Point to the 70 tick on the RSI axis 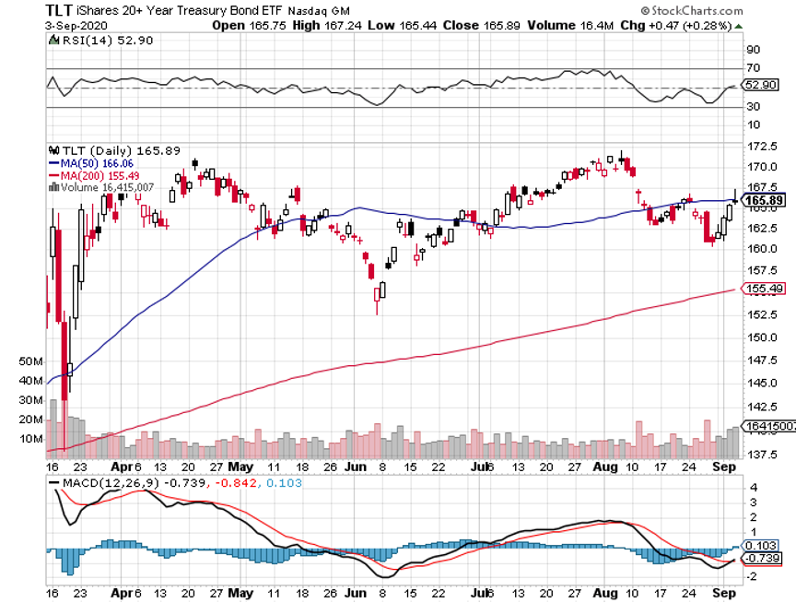coord(752,67)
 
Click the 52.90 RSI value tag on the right coord(762,85)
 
